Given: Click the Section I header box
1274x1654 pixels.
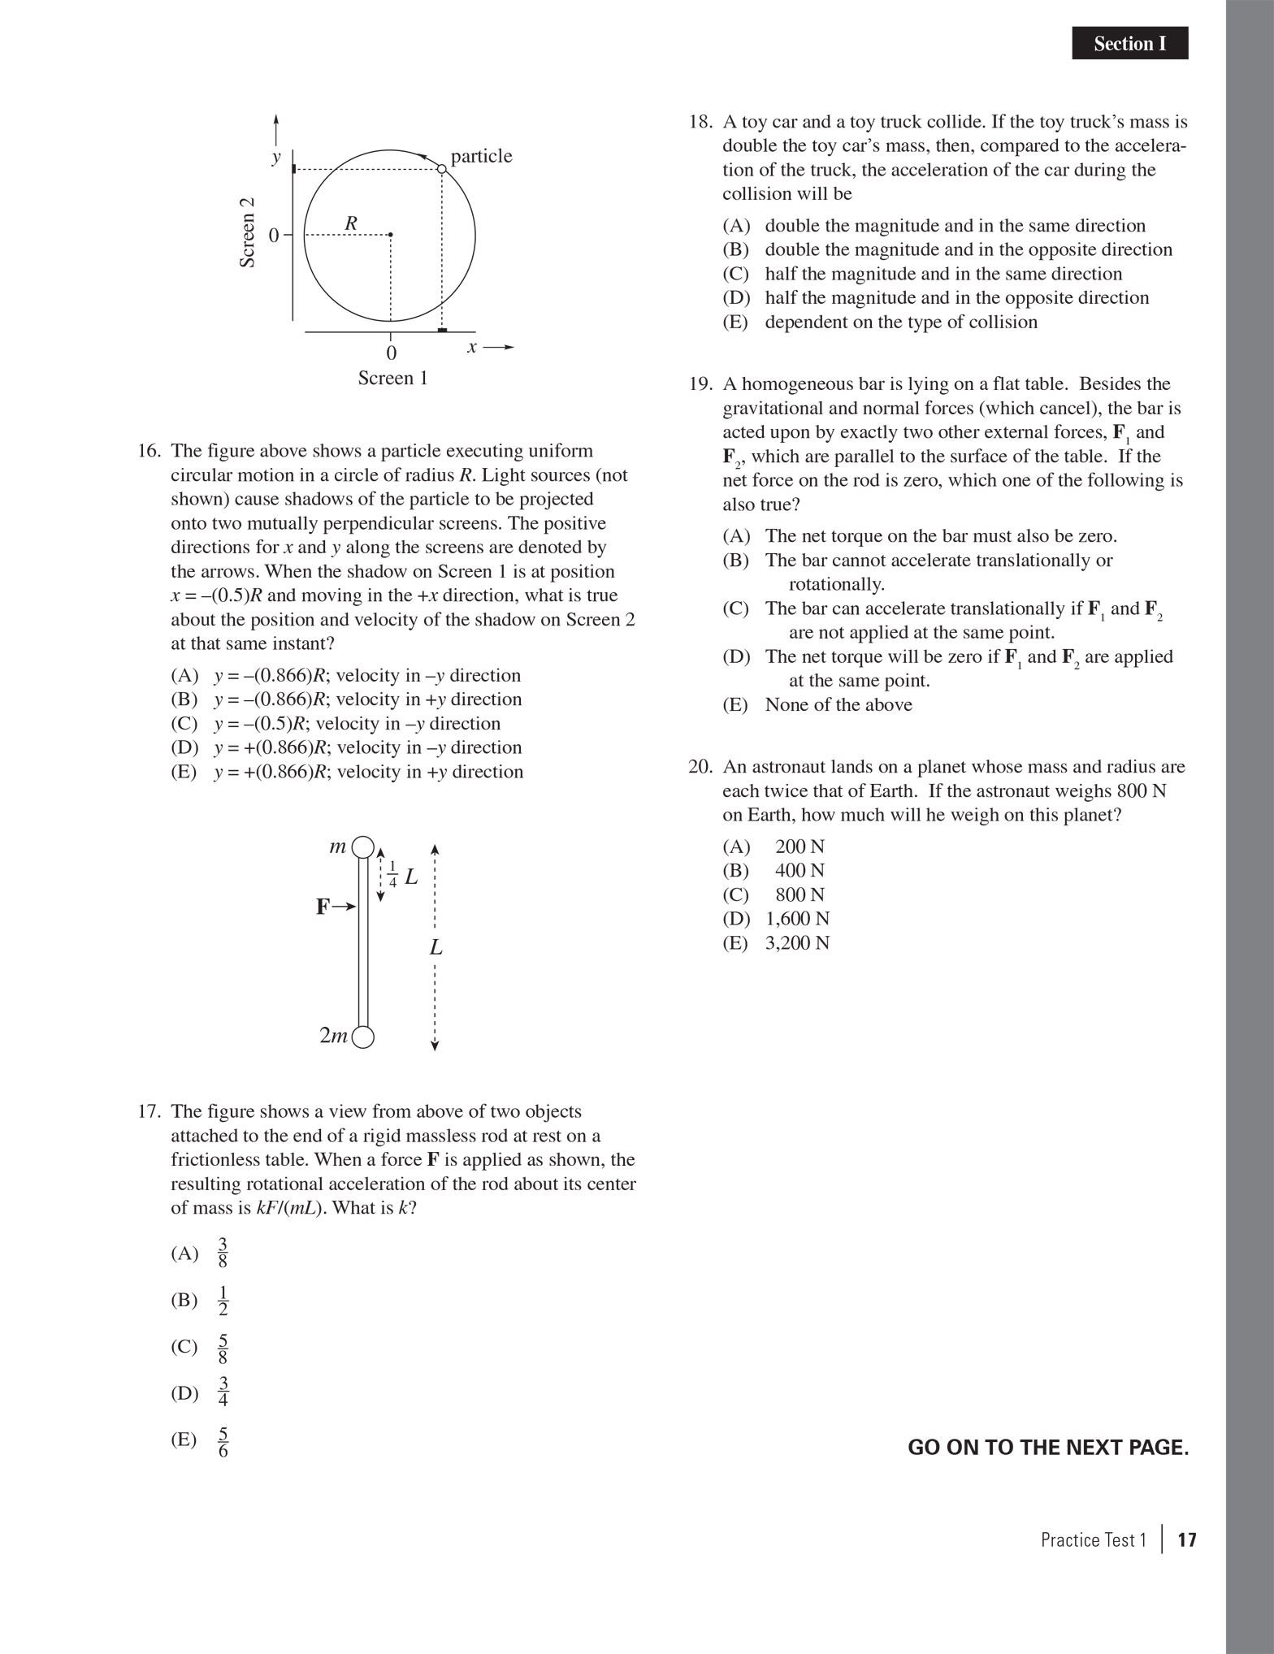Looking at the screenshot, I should point(1129,43).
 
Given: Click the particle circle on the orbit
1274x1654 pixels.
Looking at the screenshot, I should point(441,169).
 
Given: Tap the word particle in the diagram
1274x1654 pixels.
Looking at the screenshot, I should point(481,156).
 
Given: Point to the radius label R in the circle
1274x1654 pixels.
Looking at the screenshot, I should point(351,223).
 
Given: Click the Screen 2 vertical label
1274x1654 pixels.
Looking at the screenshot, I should point(248,232).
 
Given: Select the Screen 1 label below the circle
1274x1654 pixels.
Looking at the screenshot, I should point(392,378).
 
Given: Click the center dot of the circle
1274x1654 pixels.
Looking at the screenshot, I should point(390,235).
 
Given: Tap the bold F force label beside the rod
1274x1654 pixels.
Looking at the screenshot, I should point(323,907).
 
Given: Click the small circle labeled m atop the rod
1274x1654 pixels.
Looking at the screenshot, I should point(363,846).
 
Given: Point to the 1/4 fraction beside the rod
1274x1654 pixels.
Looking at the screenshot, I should point(393,873).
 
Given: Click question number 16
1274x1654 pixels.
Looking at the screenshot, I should point(149,451).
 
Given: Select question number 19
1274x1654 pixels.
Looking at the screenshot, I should point(700,384).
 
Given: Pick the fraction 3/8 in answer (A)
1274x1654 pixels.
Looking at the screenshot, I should point(223,1253).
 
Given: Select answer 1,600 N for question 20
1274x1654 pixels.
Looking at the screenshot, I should point(796,919).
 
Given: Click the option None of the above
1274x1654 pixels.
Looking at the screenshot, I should point(838,705).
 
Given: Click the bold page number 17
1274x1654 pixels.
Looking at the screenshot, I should point(1186,1539).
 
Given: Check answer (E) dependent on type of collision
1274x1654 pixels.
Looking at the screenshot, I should point(900,322).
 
